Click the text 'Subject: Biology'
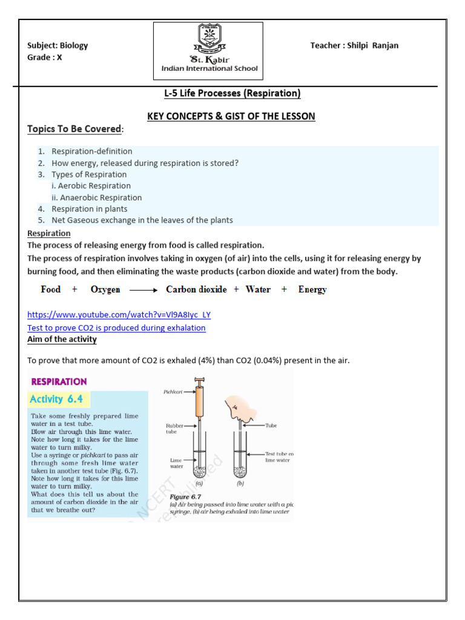point(58,45)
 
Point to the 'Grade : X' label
point(45,57)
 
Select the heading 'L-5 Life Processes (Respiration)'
point(232,93)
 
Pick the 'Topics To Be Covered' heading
point(75,129)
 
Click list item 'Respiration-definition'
point(91,151)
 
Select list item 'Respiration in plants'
point(90,209)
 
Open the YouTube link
point(119,315)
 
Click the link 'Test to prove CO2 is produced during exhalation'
point(116,328)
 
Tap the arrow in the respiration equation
point(143,290)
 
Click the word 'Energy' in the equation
point(312,289)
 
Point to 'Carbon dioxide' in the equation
point(196,289)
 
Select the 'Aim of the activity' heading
point(62,339)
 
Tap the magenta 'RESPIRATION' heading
point(59,381)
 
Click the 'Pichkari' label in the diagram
point(173,392)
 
